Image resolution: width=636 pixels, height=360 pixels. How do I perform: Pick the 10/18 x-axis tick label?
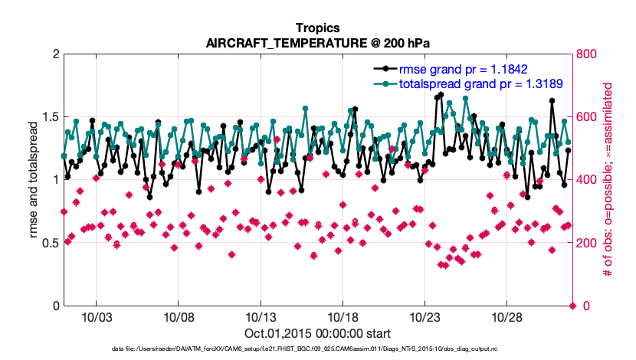343,317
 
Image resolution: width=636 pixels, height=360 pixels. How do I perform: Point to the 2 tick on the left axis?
55,54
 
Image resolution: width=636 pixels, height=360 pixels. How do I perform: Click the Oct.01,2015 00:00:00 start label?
317,333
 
